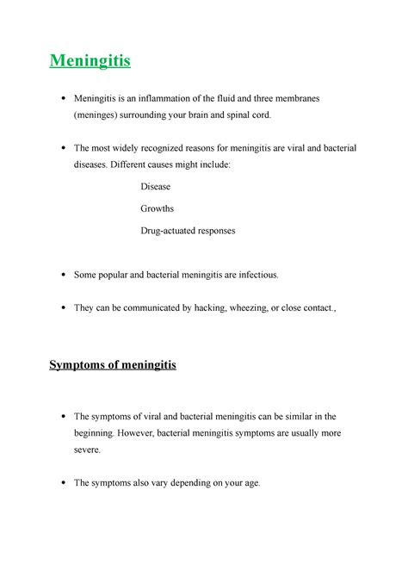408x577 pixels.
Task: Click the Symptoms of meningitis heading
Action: pos(112,365)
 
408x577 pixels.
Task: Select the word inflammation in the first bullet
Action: pos(189,99)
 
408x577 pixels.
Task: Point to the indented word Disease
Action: pos(155,186)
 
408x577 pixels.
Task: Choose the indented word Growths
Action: pos(157,208)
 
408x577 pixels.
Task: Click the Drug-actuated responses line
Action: pos(188,231)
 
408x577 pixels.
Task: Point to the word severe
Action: pos(87,450)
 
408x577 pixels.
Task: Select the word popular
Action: pos(115,275)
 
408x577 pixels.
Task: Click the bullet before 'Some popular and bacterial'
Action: pos(65,276)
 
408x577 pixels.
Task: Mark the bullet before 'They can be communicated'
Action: pos(65,308)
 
